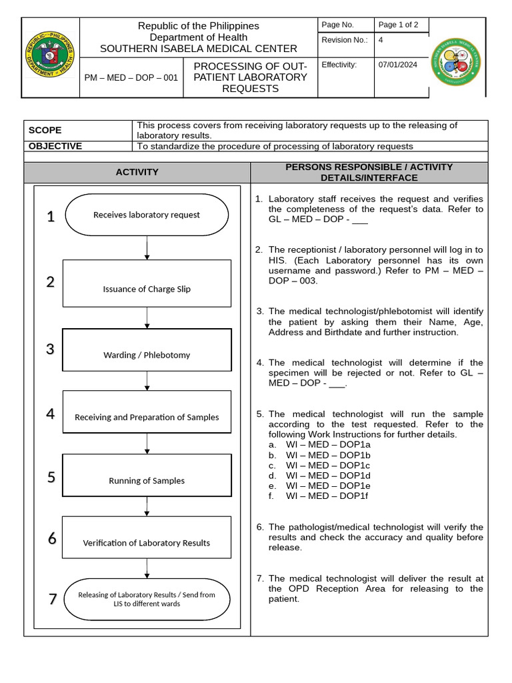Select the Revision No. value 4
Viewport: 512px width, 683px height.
[381, 40]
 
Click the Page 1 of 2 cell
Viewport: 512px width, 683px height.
[398, 25]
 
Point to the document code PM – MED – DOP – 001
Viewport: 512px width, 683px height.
[131, 77]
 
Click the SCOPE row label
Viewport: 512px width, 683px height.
[45, 131]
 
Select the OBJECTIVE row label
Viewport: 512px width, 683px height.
[55, 146]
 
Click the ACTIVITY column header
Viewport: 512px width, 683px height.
[137, 172]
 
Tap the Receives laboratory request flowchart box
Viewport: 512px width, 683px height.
[147, 215]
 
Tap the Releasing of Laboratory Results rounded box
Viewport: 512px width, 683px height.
[147, 599]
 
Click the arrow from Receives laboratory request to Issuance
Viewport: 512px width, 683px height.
[147, 247]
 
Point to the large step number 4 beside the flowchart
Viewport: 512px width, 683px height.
[51, 414]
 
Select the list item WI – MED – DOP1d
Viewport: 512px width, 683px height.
[328, 476]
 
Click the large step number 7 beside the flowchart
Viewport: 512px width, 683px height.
[53, 599]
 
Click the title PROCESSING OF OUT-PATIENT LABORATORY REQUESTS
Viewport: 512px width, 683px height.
[250, 77]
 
